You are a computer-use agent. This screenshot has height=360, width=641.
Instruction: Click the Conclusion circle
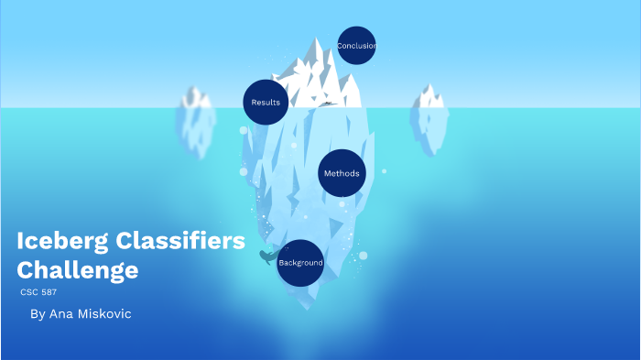pos(356,46)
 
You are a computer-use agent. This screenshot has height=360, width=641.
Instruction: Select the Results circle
pos(266,102)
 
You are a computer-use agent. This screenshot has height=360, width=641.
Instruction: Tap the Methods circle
pos(342,173)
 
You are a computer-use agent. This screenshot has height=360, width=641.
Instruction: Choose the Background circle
pos(300,263)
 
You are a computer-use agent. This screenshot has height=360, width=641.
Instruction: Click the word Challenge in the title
pos(78,270)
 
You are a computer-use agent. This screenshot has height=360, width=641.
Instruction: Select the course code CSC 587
pos(38,291)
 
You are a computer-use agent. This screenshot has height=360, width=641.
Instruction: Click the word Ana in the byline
pos(60,314)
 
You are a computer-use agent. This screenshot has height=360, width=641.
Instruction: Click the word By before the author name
pos(37,314)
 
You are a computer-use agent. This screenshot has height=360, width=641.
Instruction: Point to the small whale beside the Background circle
pos(267,256)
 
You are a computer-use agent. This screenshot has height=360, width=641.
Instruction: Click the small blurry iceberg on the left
pos(195,115)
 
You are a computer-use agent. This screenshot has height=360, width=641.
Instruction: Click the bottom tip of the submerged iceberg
pos(311,307)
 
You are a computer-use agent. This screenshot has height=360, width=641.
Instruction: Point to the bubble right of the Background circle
pos(363,255)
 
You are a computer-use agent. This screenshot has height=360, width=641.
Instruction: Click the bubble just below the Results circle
pos(244,131)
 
